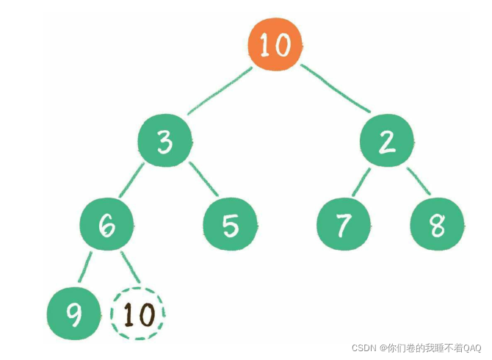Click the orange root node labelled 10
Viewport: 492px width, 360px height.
click(x=275, y=45)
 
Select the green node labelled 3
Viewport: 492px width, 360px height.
click(x=165, y=141)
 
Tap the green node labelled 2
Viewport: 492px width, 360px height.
click(x=386, y=141)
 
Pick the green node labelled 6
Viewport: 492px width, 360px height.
click(x=107, y=226)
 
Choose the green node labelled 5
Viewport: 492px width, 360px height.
click(x=231, y=226)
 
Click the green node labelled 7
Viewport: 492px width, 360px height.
click(x=343, y=226)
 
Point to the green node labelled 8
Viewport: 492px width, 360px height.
click(x=438, y=226)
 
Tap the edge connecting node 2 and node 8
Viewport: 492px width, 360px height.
click(x=416, y=181)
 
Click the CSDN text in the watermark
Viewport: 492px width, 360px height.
click(x=364, y=348)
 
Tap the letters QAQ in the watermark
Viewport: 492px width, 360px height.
click(x=472, y=348)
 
